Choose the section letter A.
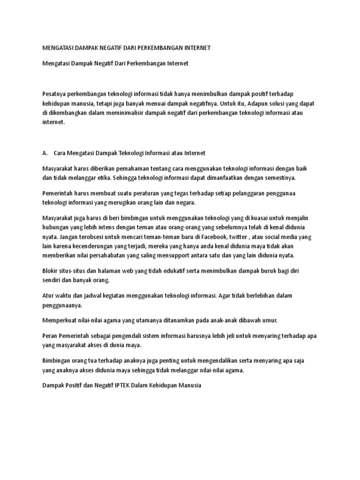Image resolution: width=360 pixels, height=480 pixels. pos(45,153)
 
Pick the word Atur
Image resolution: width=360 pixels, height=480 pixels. pos(49,296)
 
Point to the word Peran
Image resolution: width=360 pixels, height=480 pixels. pos(51,336)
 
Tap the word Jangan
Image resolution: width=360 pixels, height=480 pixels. pos(68,237)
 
